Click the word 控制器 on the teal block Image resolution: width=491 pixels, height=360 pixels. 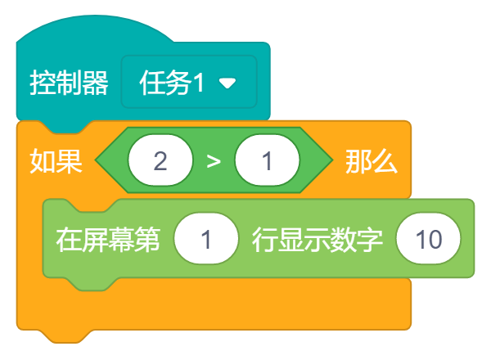coord(69,83)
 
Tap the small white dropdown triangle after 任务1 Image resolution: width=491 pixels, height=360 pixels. coord(227,83)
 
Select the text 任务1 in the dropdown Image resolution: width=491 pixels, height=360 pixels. coord(172,83)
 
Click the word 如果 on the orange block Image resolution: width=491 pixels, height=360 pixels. coord(56,161)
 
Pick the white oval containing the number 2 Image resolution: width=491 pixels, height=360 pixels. coord(160,161)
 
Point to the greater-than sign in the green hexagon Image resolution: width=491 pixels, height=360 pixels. coord(214,161)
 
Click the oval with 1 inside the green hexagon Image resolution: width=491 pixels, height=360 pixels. coord(267,161)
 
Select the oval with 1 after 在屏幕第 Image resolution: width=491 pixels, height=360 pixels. coord(206,240)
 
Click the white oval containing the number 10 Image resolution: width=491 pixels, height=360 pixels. coord(428,240)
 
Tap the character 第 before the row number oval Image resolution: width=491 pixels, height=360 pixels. coord(147,240)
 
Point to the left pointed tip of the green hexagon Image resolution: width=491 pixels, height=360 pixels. coord(99,161)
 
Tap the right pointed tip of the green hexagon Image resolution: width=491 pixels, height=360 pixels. coord(328,161)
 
